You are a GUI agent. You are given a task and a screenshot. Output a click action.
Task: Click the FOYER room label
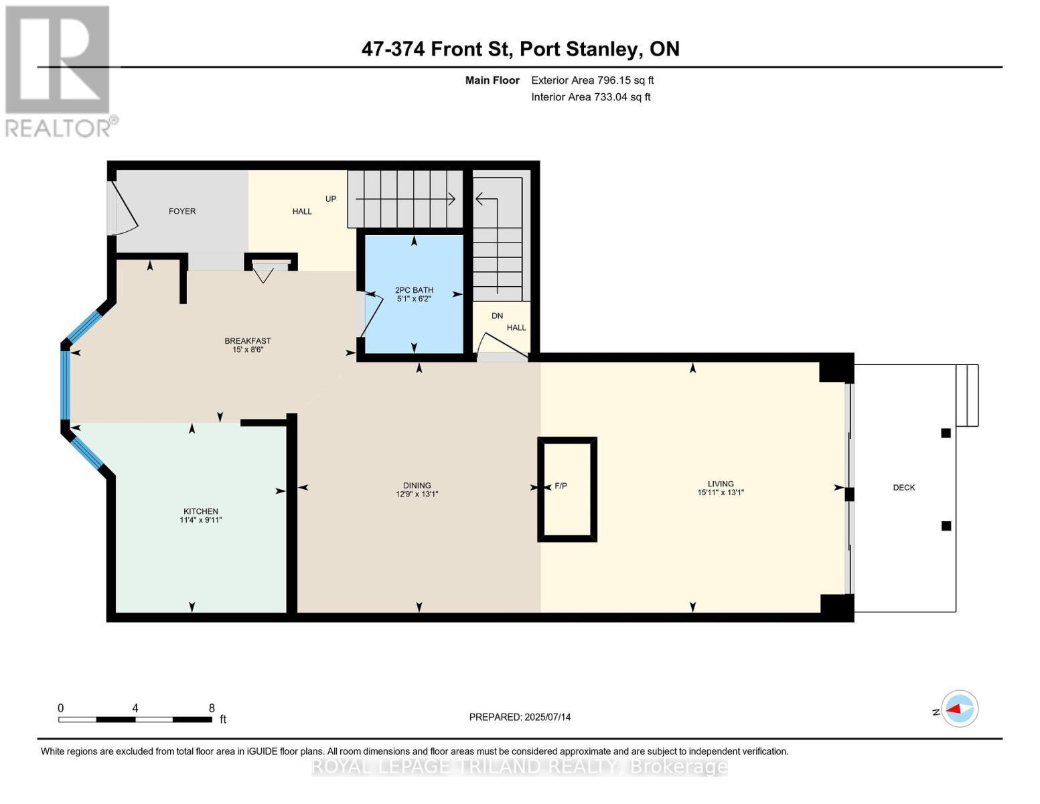182,211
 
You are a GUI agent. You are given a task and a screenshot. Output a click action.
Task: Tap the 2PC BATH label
414,289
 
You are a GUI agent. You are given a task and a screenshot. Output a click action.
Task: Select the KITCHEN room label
200,511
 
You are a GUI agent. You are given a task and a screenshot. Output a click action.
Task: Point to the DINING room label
417,486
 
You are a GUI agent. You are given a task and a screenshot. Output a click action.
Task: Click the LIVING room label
721,484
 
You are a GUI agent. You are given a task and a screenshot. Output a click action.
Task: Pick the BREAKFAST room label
247,341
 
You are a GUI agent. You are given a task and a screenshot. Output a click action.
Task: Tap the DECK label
903,488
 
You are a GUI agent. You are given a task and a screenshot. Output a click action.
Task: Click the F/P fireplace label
561,486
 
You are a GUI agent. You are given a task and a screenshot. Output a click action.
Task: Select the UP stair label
331,199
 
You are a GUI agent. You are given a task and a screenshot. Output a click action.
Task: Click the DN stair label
498,316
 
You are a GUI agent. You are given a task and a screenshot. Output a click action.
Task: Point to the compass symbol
959,709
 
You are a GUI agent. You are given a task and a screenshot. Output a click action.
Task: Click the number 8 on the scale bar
212,708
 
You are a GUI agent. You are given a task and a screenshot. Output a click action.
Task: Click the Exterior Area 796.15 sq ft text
592,80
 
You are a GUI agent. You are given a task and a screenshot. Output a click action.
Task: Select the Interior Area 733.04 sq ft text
591,97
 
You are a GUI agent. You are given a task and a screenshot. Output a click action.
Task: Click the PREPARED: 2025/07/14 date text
520,717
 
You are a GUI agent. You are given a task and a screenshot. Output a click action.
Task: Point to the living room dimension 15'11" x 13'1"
721,492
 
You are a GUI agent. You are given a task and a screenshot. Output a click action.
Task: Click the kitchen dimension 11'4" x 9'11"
200,520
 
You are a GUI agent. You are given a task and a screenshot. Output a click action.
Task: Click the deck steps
967,395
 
